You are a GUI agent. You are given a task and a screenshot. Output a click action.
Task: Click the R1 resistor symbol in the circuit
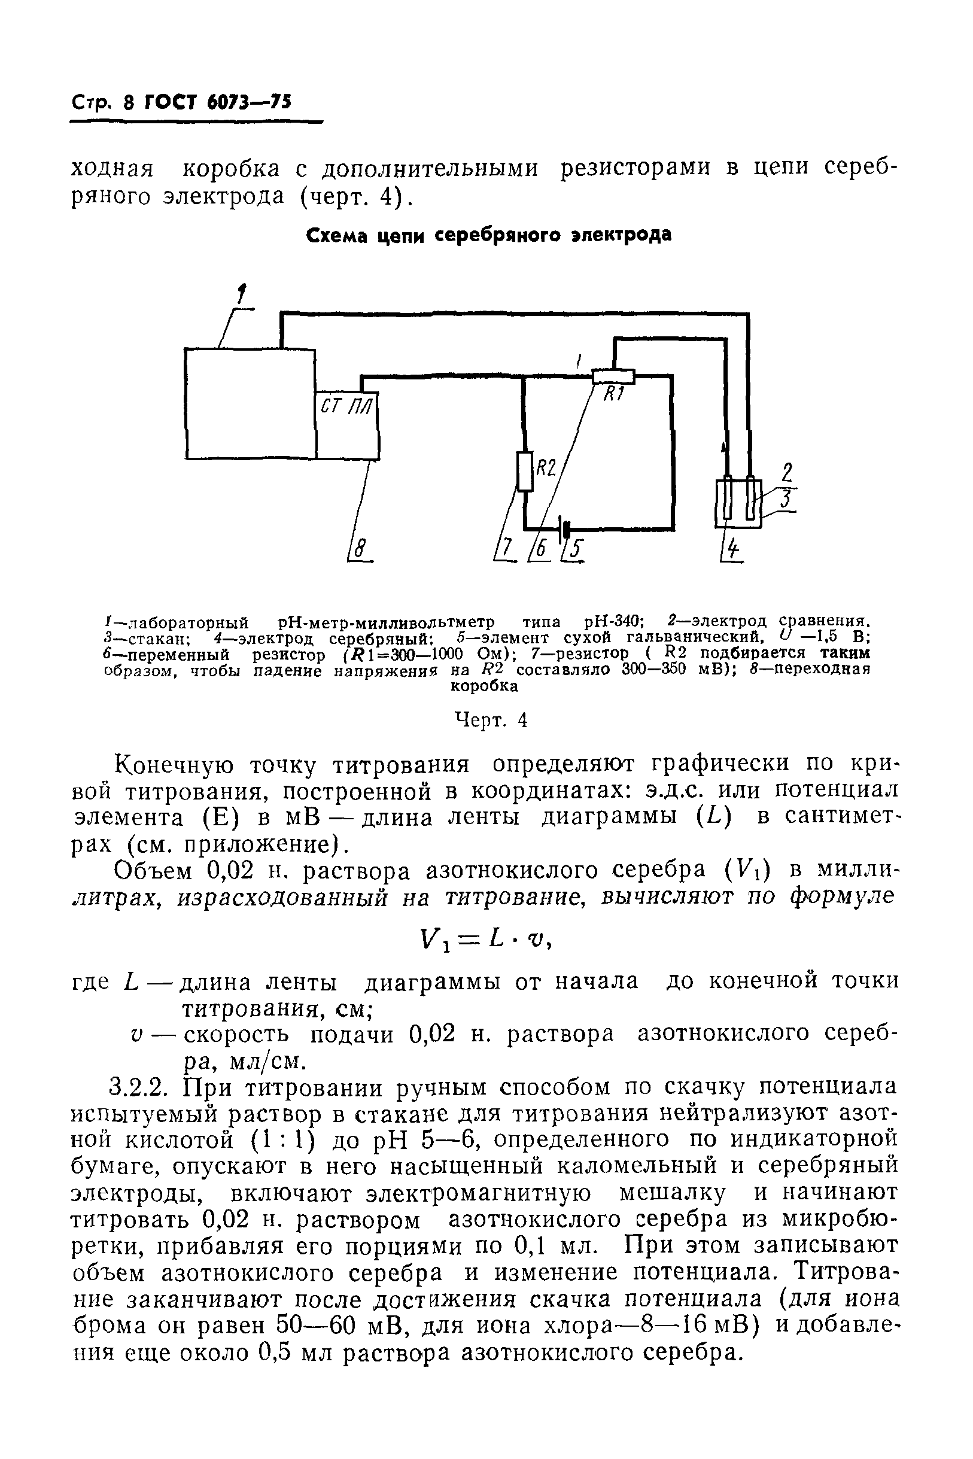(x=613, y=376)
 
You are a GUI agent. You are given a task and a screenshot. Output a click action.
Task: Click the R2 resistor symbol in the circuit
(x=525, y=471)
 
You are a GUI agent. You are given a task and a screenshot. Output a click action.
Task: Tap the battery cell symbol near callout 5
(x=565, y=529)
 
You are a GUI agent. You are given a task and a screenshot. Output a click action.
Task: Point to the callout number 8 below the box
(x=360, y=549)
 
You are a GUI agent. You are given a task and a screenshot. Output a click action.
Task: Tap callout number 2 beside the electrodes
(x=787, y=473)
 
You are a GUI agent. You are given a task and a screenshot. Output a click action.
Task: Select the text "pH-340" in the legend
(x=614, y=621)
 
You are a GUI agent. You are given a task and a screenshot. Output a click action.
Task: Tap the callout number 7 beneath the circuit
(x=507, y=549)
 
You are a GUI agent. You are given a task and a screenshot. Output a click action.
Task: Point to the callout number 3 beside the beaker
(x=787, y=500)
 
